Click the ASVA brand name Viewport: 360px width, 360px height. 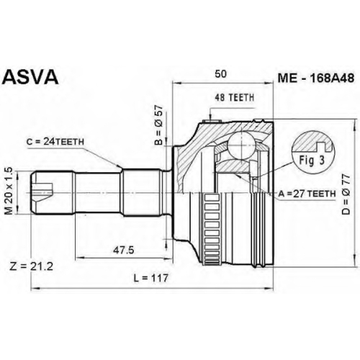pyautogui.click(x=31, y=77)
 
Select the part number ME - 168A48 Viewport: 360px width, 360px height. pyautogui.click(x=315, y=78)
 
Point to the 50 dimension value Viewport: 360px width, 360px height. pyautogui.click(x=220, y=74)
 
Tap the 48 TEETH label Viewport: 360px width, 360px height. pyautogui.click(x=234, y=97)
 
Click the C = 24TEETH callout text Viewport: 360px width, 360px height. pyautogui.click(x=55, y=142)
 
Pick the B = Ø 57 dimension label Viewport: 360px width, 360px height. pyautogui.click(x=159, y=125)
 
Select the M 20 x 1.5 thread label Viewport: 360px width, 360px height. pyautogui.click(x=9, y=191)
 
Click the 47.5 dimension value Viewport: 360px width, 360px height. pyautogui.click(x=124, y=251)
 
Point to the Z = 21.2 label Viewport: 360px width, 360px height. pyautogui.click(x=31, y=266)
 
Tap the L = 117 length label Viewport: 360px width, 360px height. pyautogui.click(x=151, y=278)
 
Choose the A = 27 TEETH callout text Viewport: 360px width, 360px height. pyautogui.click(x=307, y=194)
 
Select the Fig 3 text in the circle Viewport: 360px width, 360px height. pyautogui.click(x=312, y=161)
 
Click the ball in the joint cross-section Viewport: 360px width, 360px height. pyautogui.click(x=241, y=145)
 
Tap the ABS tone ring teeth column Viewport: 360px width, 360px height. pyautogui.click(x=212, y=229)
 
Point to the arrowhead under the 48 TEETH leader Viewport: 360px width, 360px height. pyautogui.click(x=210, y=117)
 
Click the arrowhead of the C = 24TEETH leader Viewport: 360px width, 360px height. pyautogui.click(x=120, y=166)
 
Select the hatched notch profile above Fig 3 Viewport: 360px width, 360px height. pyautogui.click(x=312, y=143)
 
